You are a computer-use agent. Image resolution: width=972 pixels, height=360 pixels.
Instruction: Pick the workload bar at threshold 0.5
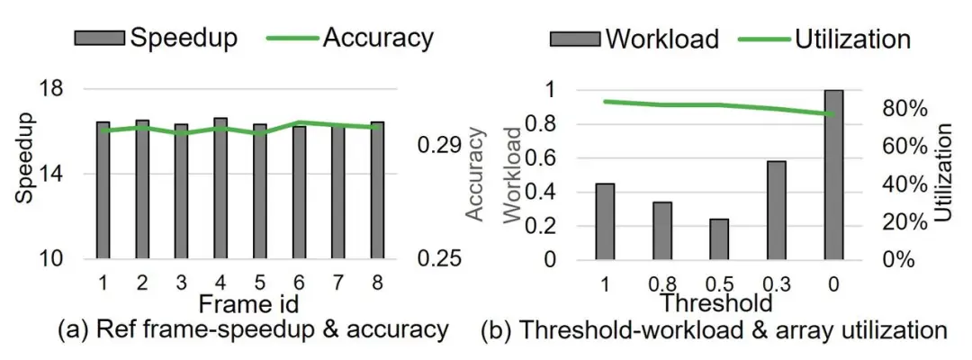pos(719,238)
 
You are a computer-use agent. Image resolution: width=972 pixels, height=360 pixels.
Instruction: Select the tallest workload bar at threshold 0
pos(834,175)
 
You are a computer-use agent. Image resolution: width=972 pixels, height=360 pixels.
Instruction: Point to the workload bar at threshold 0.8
pos(662,230)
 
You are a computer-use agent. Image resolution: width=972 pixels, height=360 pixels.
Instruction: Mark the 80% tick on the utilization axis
pos(902,108)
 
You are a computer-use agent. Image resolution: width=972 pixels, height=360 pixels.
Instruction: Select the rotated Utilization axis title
pos(942,174)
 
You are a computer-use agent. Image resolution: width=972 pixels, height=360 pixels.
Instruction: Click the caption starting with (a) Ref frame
pos(252,330)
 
